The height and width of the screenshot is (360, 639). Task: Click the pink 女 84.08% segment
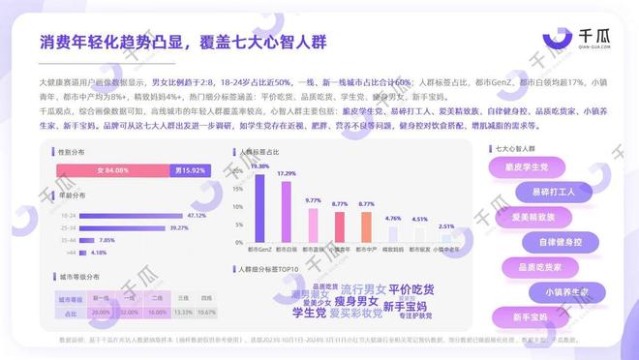[x=111, y=170]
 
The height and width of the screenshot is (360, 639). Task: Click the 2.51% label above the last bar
[x=445, y=226]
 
